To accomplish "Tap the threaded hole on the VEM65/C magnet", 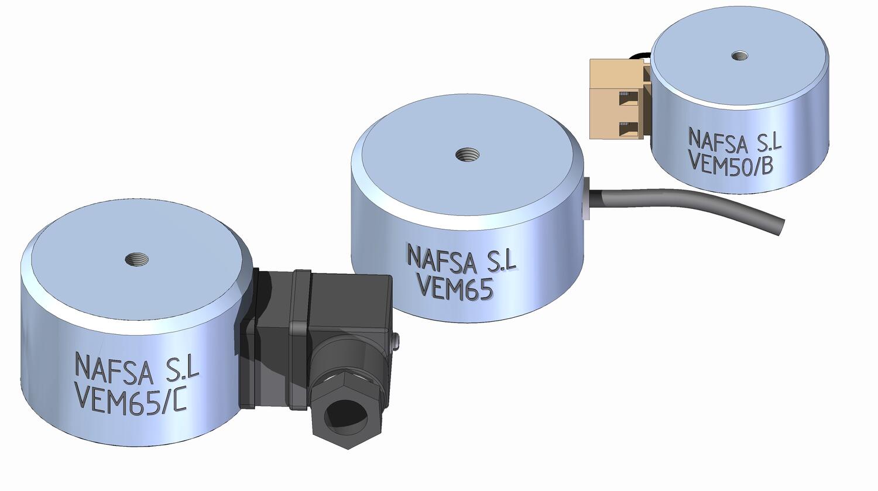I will point(137,259).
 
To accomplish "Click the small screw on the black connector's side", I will point(396,339).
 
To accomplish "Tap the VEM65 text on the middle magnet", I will point(454,288).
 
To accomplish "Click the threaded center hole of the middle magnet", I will point(467,155).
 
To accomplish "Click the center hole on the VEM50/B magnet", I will point(740,56).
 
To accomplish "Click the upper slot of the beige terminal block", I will point(627,94).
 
